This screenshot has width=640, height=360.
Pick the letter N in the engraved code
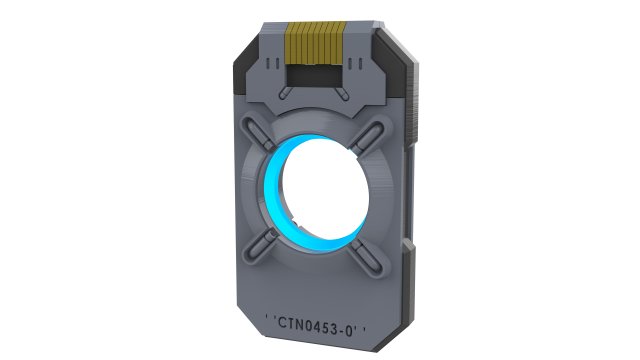coord(300,323)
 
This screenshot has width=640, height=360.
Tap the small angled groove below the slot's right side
coord(343,95)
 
